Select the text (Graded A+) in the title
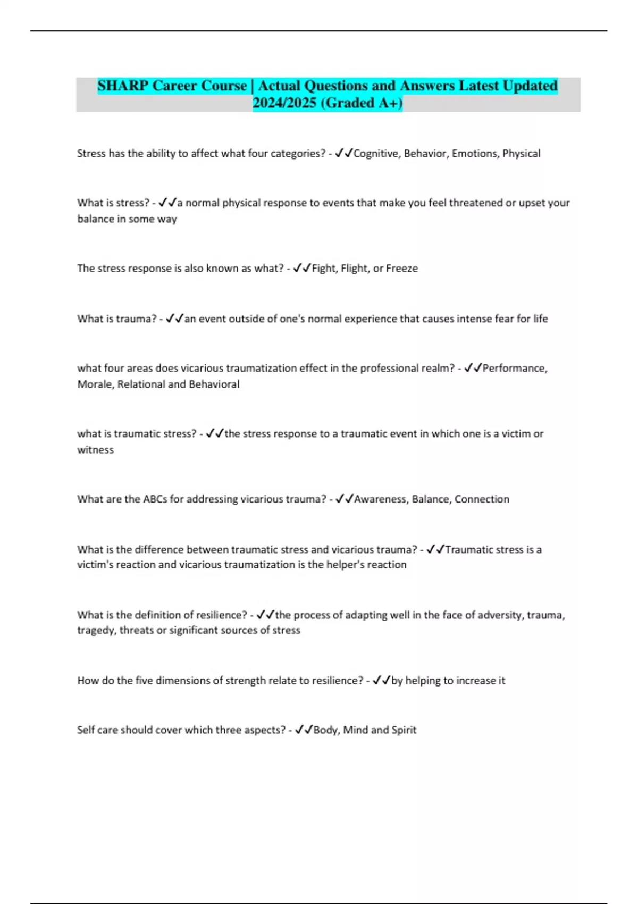click(x=362, y=103)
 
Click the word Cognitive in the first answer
click(x=375, y=154)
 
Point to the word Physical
click(x=521, y=154)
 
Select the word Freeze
click(x=401, y=269)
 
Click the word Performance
click(x=514, y=368)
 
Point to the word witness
click(x=95, y=450)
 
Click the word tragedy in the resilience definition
click(x=96, y=630)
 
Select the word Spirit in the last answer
click(x=404, y=730)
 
